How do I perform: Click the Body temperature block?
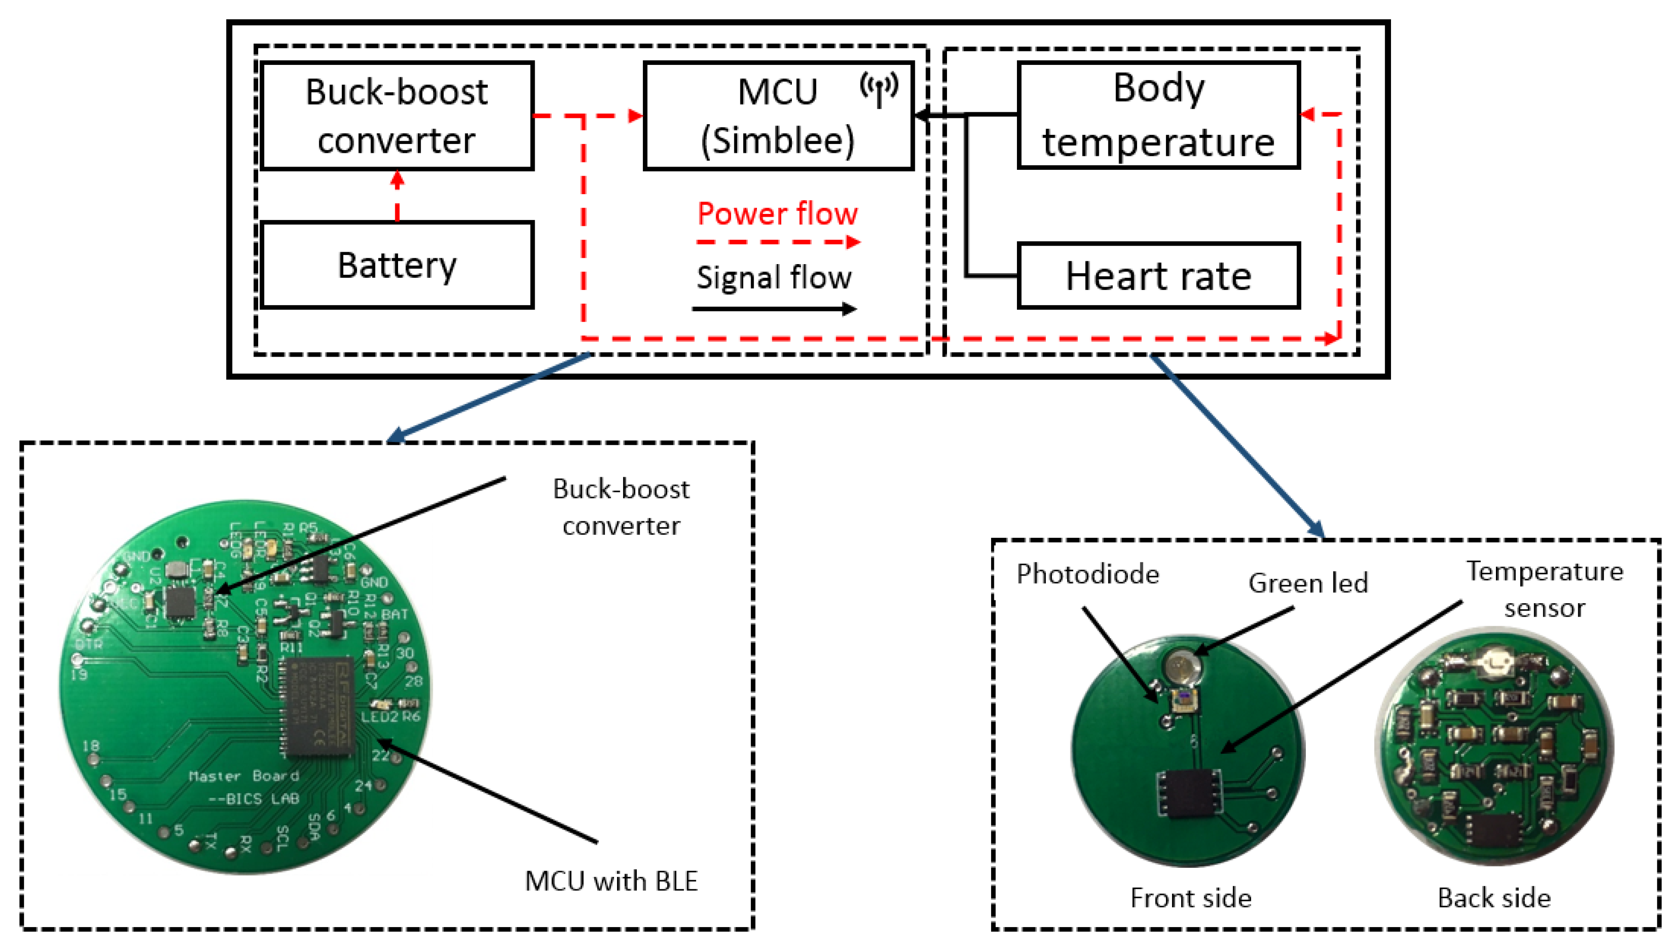(1158, 115)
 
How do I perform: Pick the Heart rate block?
(1158, 276)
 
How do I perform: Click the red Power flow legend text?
(777, 214)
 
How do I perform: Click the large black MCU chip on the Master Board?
(317, 707)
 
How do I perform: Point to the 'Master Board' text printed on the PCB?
(244, 776)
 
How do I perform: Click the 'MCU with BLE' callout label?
(611, 881)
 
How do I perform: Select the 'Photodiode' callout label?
(1087, 574)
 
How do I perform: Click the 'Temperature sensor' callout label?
(1545, 589)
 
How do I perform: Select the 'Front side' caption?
(1190, 898)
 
